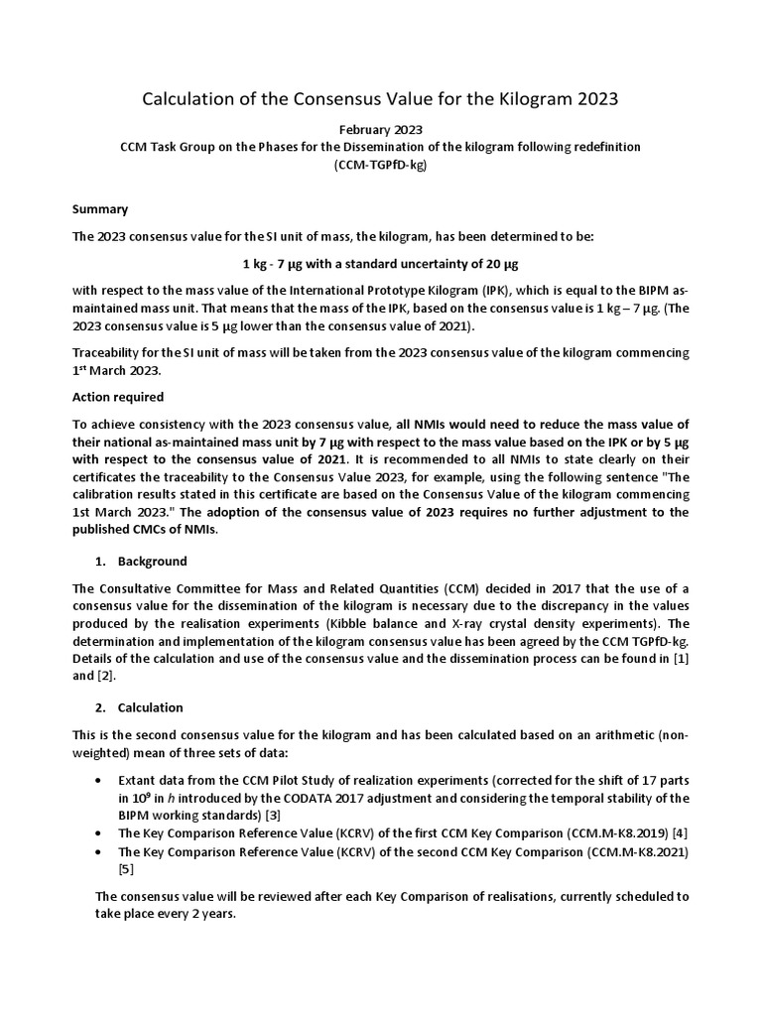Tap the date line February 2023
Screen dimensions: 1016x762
tap(381, 129)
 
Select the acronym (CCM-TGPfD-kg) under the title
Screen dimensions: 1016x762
tap(381, 164)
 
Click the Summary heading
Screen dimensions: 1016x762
tap(100, 209)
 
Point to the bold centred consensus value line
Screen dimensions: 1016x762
tap(381, 264)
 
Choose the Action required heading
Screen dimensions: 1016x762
tap(118, 397)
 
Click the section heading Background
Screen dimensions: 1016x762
tap(152, 562)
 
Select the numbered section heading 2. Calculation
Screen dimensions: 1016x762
tap(140, 707)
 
